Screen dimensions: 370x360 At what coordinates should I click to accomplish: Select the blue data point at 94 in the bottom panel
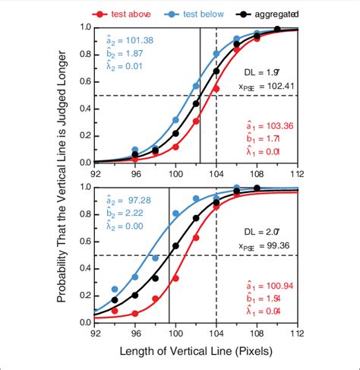point(115,289)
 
